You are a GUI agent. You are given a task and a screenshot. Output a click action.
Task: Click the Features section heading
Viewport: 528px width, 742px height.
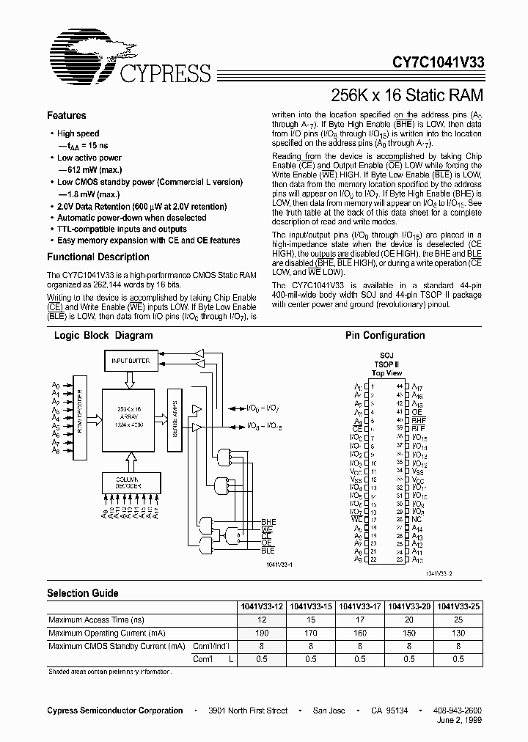click(67, 116)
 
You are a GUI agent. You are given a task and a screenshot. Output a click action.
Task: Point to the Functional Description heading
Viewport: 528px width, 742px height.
click(98, 257)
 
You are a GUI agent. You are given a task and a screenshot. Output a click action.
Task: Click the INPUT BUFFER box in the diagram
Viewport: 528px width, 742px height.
click(130, 361)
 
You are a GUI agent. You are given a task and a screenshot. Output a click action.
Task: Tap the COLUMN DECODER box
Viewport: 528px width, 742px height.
click(130, 482)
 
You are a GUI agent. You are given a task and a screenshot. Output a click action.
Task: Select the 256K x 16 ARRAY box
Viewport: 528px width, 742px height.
click(130, 416)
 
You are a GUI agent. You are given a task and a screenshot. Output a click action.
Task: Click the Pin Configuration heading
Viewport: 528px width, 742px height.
click(385, 336)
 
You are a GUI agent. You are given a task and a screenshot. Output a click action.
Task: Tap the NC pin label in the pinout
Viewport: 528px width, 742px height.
click(416, 520)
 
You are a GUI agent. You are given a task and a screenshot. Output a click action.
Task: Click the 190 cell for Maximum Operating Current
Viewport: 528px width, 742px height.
click(262, 632)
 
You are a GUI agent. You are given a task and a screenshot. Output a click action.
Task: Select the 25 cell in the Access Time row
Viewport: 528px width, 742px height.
click(458, 620)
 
